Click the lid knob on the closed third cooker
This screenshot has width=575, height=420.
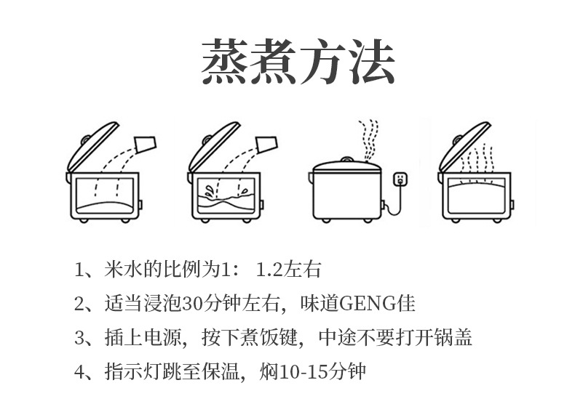pyautogui.click(x=346, y=158)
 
